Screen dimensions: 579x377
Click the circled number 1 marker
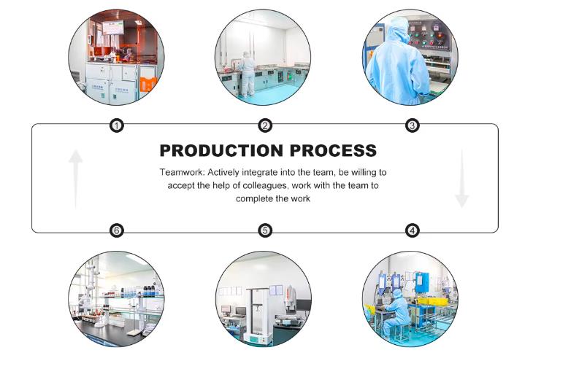coord(117,126)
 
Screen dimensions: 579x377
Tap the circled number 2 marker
coord(265,126)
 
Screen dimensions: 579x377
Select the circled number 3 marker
coord(412,126)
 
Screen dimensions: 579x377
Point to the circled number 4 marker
coord(412,230)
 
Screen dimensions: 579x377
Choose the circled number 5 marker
coord(265,230)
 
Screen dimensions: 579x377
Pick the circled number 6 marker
coord(117,230)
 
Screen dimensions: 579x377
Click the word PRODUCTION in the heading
coord(221,150)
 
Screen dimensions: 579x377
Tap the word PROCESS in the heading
coord(333,150)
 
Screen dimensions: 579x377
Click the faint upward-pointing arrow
coord(76,179)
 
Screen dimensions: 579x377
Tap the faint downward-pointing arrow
coord(461,179)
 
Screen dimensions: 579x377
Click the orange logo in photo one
coord(149,84)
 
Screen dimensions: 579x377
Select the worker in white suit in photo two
coord(248,74)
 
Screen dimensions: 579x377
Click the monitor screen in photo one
coord(113,28)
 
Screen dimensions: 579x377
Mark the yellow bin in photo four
coord(433,301)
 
